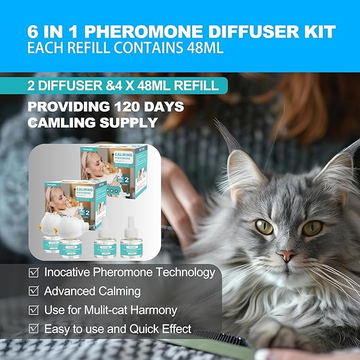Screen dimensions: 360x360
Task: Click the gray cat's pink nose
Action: click(x=287, y=256)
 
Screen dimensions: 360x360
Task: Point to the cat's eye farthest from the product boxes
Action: click(x=312, y=227)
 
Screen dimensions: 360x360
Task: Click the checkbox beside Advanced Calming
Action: click(x=33, y=291)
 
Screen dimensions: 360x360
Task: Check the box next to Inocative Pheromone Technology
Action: click(x=33, y=273)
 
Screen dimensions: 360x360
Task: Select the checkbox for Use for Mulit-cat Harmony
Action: click(x=33, y=310)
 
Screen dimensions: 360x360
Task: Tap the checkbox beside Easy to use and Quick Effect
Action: click(x=33, y=329)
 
